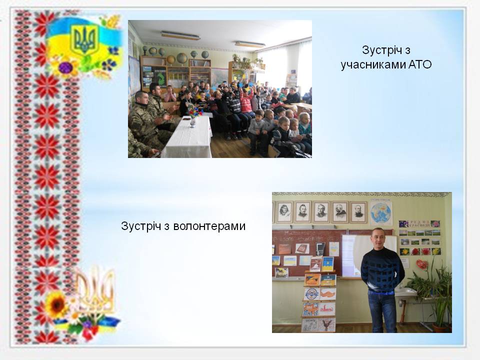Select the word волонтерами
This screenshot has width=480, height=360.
click(x=209, y=226)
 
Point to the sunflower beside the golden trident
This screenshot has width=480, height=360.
click(x=56, y=304)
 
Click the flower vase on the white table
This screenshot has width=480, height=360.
click(x=192, y=118)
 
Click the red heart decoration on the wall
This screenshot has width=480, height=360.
click(x=421, y=264)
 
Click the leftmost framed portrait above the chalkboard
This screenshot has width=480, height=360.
click(x=284, y=212)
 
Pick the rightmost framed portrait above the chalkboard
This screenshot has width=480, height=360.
click(x=358, y=212)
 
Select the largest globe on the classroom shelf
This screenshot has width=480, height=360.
click(x=182, y=58)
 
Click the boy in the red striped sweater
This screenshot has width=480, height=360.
click(x=246, y=101)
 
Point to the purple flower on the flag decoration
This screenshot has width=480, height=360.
click(x=65, y=67)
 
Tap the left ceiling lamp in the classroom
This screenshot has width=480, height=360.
click(x=180, y=35)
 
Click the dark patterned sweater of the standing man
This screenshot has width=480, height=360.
click(x=382, y=269)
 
